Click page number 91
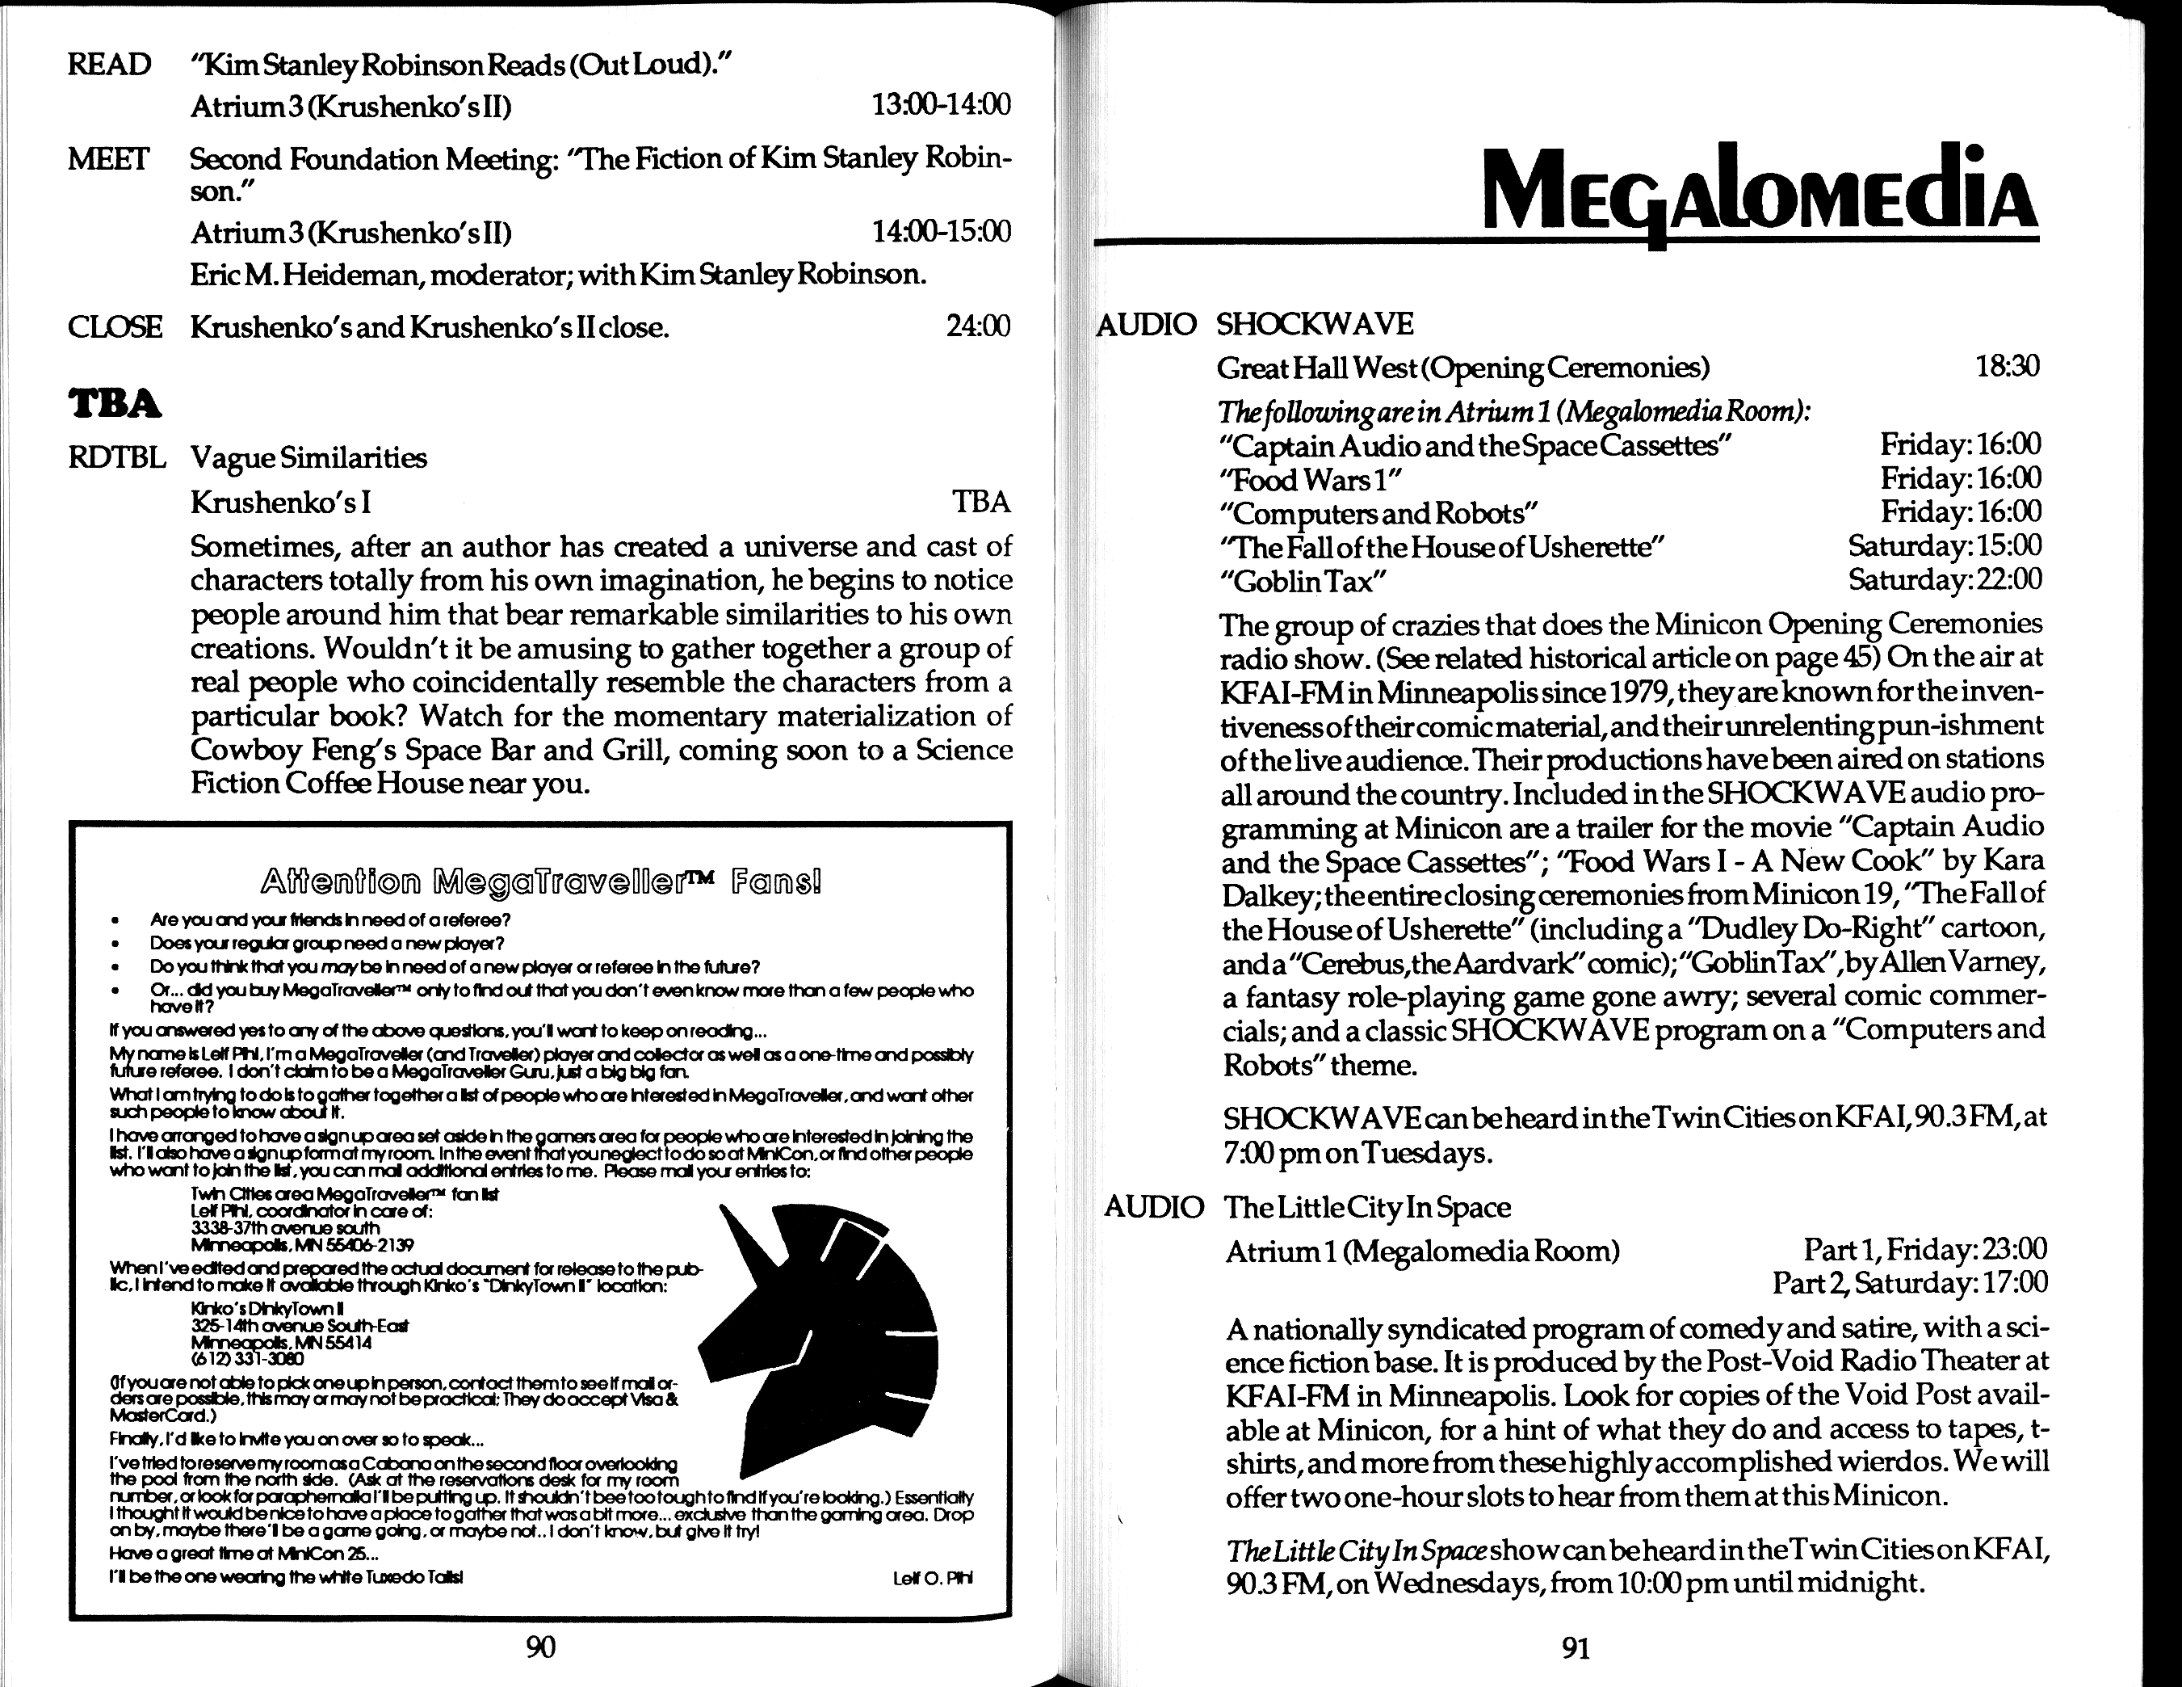[x=1576, y=1647]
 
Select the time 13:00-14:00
[x=941, y=104]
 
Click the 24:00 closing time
[x=978, y=326]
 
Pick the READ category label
[x=109, y=65]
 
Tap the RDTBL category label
[x=116, y=458]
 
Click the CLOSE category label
[x=114, y=326]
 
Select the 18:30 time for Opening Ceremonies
[x=2007, y=367]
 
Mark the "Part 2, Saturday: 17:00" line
[x=1909, y=1282]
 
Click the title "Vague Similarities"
[x=308, y=458]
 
